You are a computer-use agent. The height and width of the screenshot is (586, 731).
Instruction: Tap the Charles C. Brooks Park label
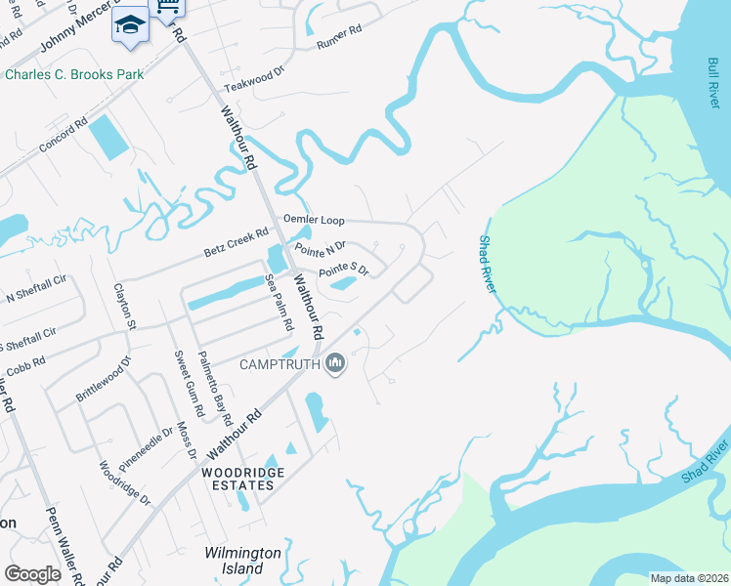(x=74, y=74)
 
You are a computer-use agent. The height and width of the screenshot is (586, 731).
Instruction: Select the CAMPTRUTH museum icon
(x=335, y=364)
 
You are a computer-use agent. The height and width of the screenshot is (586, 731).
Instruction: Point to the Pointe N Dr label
(x=321, y=247)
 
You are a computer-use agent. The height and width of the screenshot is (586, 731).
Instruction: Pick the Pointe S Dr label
(x=344, y=268)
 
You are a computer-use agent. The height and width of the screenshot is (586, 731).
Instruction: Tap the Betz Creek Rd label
(x=236, y=238)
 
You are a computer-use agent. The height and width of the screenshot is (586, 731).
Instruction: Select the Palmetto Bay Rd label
(x=214, y=386)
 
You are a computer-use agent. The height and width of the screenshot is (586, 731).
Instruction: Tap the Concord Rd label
(x=64, y=134)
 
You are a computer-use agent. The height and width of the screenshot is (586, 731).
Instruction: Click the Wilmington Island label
(x=242, y=561)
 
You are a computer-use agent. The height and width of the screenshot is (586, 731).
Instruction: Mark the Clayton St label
(x=124, y=306)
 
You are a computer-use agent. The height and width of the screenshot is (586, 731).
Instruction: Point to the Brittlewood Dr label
(x=103, y=384)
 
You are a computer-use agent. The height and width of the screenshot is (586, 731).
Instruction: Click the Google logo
(x=32, y=574)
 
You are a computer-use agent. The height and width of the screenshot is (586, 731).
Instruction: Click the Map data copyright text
(x=688, y=578)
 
